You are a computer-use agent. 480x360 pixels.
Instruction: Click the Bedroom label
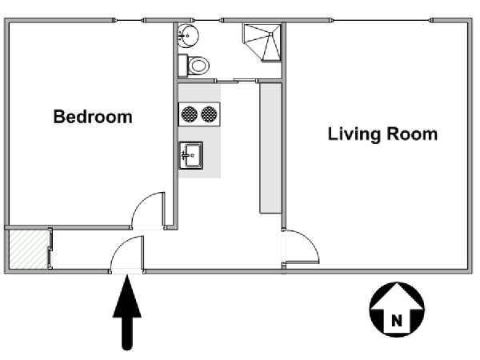(x=93, y=117)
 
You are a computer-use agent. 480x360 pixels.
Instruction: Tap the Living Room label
(x=382, y=134)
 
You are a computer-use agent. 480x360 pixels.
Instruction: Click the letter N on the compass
(x=397, y=321)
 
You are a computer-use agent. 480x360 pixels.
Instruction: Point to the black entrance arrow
(x=127, y=312)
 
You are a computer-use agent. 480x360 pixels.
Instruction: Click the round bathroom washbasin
(x=188, y=36)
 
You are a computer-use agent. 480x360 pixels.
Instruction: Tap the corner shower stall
(x=262, y=42)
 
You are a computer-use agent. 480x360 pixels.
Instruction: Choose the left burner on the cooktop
(x=189, y=114)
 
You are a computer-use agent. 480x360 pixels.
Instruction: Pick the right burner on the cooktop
(x=209, y=114)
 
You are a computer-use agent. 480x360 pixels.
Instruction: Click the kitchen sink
(x=191, y=155)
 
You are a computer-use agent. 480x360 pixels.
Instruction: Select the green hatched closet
(x=29, y=250)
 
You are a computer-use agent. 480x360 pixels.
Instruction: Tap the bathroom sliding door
(x=236, y=81)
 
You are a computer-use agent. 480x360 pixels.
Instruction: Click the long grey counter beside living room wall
(x=270, y=148)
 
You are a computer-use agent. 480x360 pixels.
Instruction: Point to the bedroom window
(x=129, y=21)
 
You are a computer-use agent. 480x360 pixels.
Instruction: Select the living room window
(x=381, y=21)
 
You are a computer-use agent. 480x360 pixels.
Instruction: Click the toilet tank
(x=182, y=66)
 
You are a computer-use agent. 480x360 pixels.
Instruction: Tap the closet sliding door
(x=50, y=249)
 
